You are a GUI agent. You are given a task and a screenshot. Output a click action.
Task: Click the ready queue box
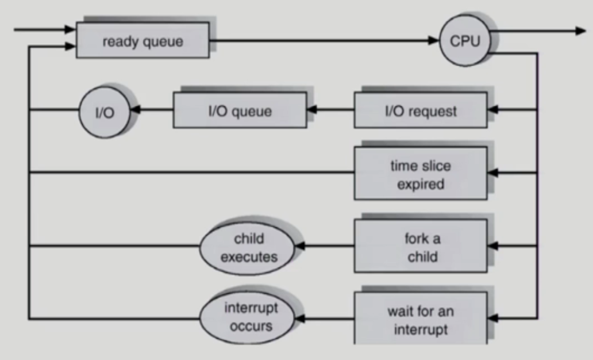click(x=143, y=41)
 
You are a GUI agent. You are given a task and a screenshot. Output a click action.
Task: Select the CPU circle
click(x=464, y=41)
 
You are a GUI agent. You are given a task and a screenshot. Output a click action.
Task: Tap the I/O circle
click(x=104, y=112)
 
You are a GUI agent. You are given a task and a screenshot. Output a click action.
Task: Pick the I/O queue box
click(x=240, y=110)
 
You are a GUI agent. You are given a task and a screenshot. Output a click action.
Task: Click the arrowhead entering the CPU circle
click(x=434, y=41)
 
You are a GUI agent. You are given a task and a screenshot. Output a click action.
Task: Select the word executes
click(x=248, y=256)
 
